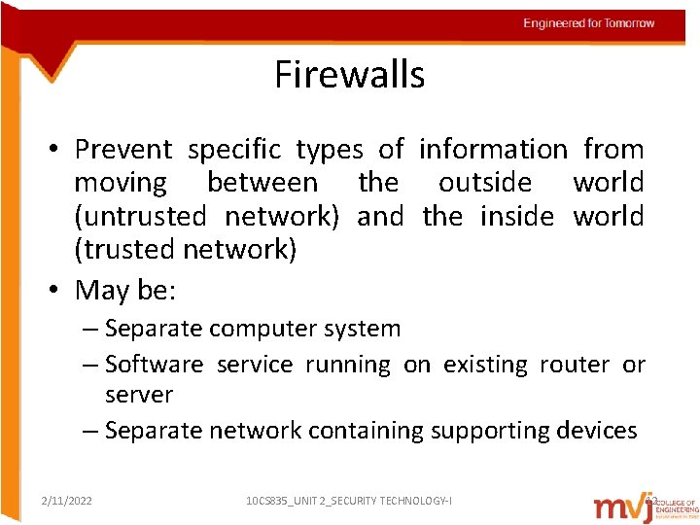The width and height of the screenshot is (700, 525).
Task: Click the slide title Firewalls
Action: pos(349,75)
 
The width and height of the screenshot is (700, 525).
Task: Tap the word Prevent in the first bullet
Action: pos(123,150)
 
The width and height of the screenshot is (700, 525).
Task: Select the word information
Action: pos(492,150)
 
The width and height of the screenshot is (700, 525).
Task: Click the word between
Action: pos(262,183)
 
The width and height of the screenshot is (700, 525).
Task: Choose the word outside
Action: pos(485,183)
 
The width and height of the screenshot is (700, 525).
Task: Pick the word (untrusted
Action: pos(141,216)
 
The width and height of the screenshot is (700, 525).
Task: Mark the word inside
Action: pos(516,216)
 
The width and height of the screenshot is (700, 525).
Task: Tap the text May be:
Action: pos(125,290)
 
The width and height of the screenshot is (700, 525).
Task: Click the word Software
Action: pos(155,365)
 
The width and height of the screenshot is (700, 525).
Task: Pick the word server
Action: pos(139,395)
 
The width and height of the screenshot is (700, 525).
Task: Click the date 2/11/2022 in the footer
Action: pos(67,501)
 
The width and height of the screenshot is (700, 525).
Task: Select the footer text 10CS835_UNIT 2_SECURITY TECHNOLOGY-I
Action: pos(349,501)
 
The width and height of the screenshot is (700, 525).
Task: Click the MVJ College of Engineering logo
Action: pos(645,504)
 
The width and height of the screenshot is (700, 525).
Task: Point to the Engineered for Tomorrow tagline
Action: pos(589,23)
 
